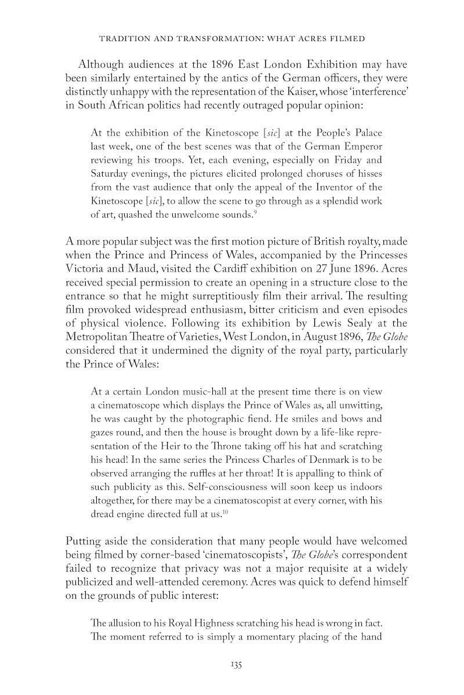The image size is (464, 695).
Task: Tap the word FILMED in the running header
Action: [x=346, y=38]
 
